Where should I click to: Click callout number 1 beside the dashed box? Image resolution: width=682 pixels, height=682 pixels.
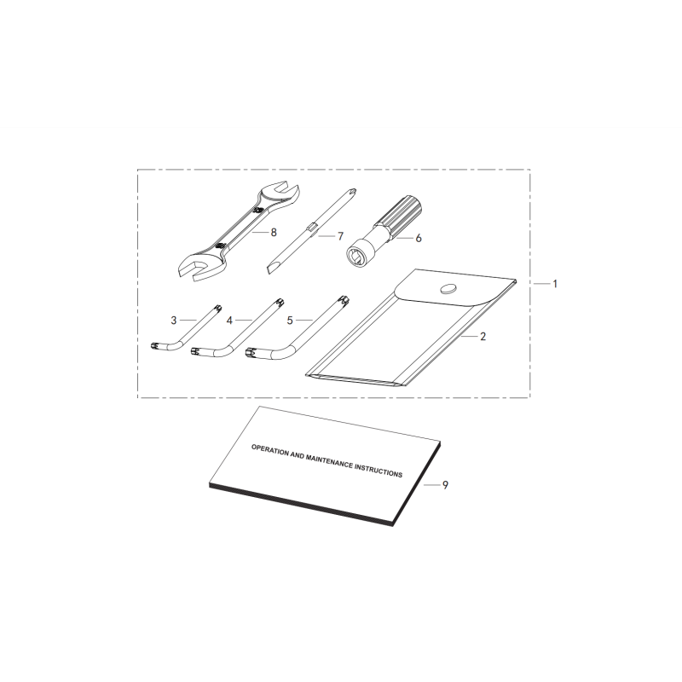click(555, 284)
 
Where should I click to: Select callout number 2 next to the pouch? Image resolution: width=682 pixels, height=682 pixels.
click(483, 337)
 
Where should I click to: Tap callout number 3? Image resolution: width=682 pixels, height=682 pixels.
click(174, 321)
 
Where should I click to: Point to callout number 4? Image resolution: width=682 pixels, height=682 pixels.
click(229, 321)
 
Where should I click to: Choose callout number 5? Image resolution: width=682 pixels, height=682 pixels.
click(290, 321)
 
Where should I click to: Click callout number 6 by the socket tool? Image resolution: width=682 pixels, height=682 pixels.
click(419, 239)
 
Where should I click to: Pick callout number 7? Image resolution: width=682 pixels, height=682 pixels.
click(340, 236)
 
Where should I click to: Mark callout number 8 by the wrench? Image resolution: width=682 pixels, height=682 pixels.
click(274, 233)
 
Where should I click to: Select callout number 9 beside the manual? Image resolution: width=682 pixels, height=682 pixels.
click(445, 485)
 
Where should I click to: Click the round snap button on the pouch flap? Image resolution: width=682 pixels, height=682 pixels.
click(449, 288)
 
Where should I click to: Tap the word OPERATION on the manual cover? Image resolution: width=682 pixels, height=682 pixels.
click(269, 450)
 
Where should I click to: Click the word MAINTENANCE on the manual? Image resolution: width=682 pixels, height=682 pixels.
click(329, 462)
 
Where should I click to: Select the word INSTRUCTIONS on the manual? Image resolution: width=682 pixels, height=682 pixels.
click(379, 471)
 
